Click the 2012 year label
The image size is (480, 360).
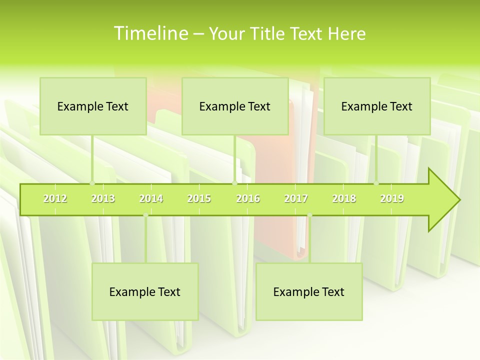(55, 198)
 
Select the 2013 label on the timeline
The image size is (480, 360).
(103, 198)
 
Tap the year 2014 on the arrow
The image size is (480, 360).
(151, 198)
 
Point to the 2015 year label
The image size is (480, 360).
(199, 198)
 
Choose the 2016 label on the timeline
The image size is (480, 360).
(248, 198)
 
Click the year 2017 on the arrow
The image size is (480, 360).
(296, 198)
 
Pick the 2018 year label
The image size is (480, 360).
(344, 198)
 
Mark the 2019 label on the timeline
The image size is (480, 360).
(392, 198)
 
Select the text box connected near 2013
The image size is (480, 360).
(93, 106)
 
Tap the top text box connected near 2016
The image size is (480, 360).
(235, 106)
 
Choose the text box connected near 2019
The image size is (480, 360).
(377, 106)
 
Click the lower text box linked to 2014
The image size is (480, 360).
(145, 291)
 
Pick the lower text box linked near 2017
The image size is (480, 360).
(309, 291)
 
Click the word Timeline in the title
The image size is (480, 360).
(149, 33)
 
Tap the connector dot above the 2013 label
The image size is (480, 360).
(92, 183)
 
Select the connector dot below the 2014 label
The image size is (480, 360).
(145, 215)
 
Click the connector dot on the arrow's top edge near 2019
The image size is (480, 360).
(376, 183)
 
